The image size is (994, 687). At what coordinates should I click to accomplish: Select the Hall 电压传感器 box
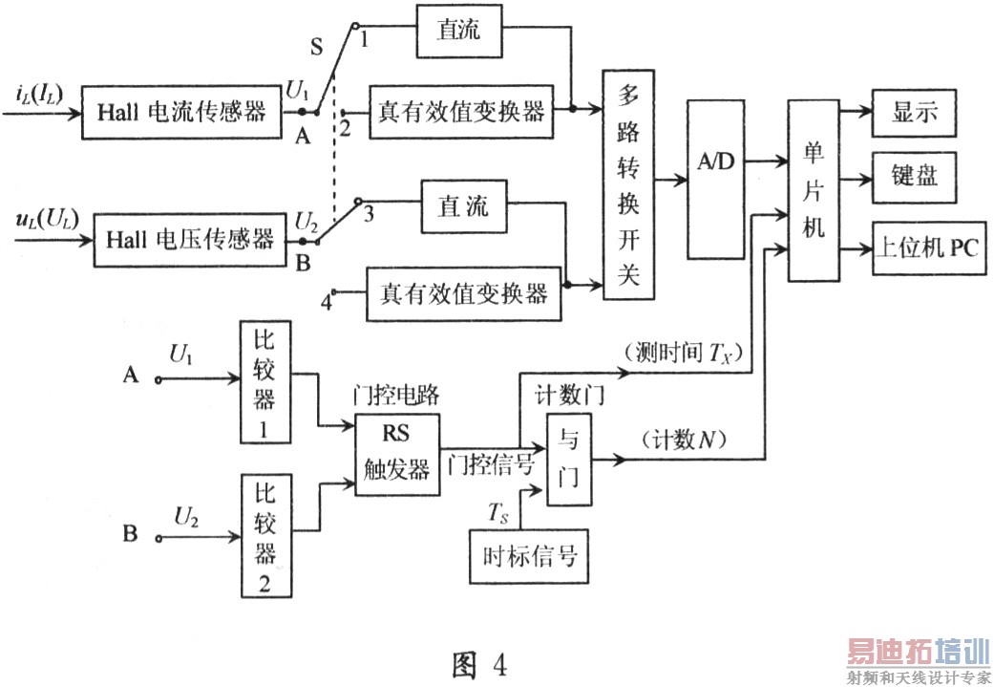click(x=183, y=239)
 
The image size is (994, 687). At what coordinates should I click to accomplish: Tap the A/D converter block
click(x=714, y=179)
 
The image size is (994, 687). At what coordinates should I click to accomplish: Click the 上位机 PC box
click(x=928, y=247)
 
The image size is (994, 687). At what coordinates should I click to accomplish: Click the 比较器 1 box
click(x=264, y=381)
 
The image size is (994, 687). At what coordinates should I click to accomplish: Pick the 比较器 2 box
click(x=264, y=537)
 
